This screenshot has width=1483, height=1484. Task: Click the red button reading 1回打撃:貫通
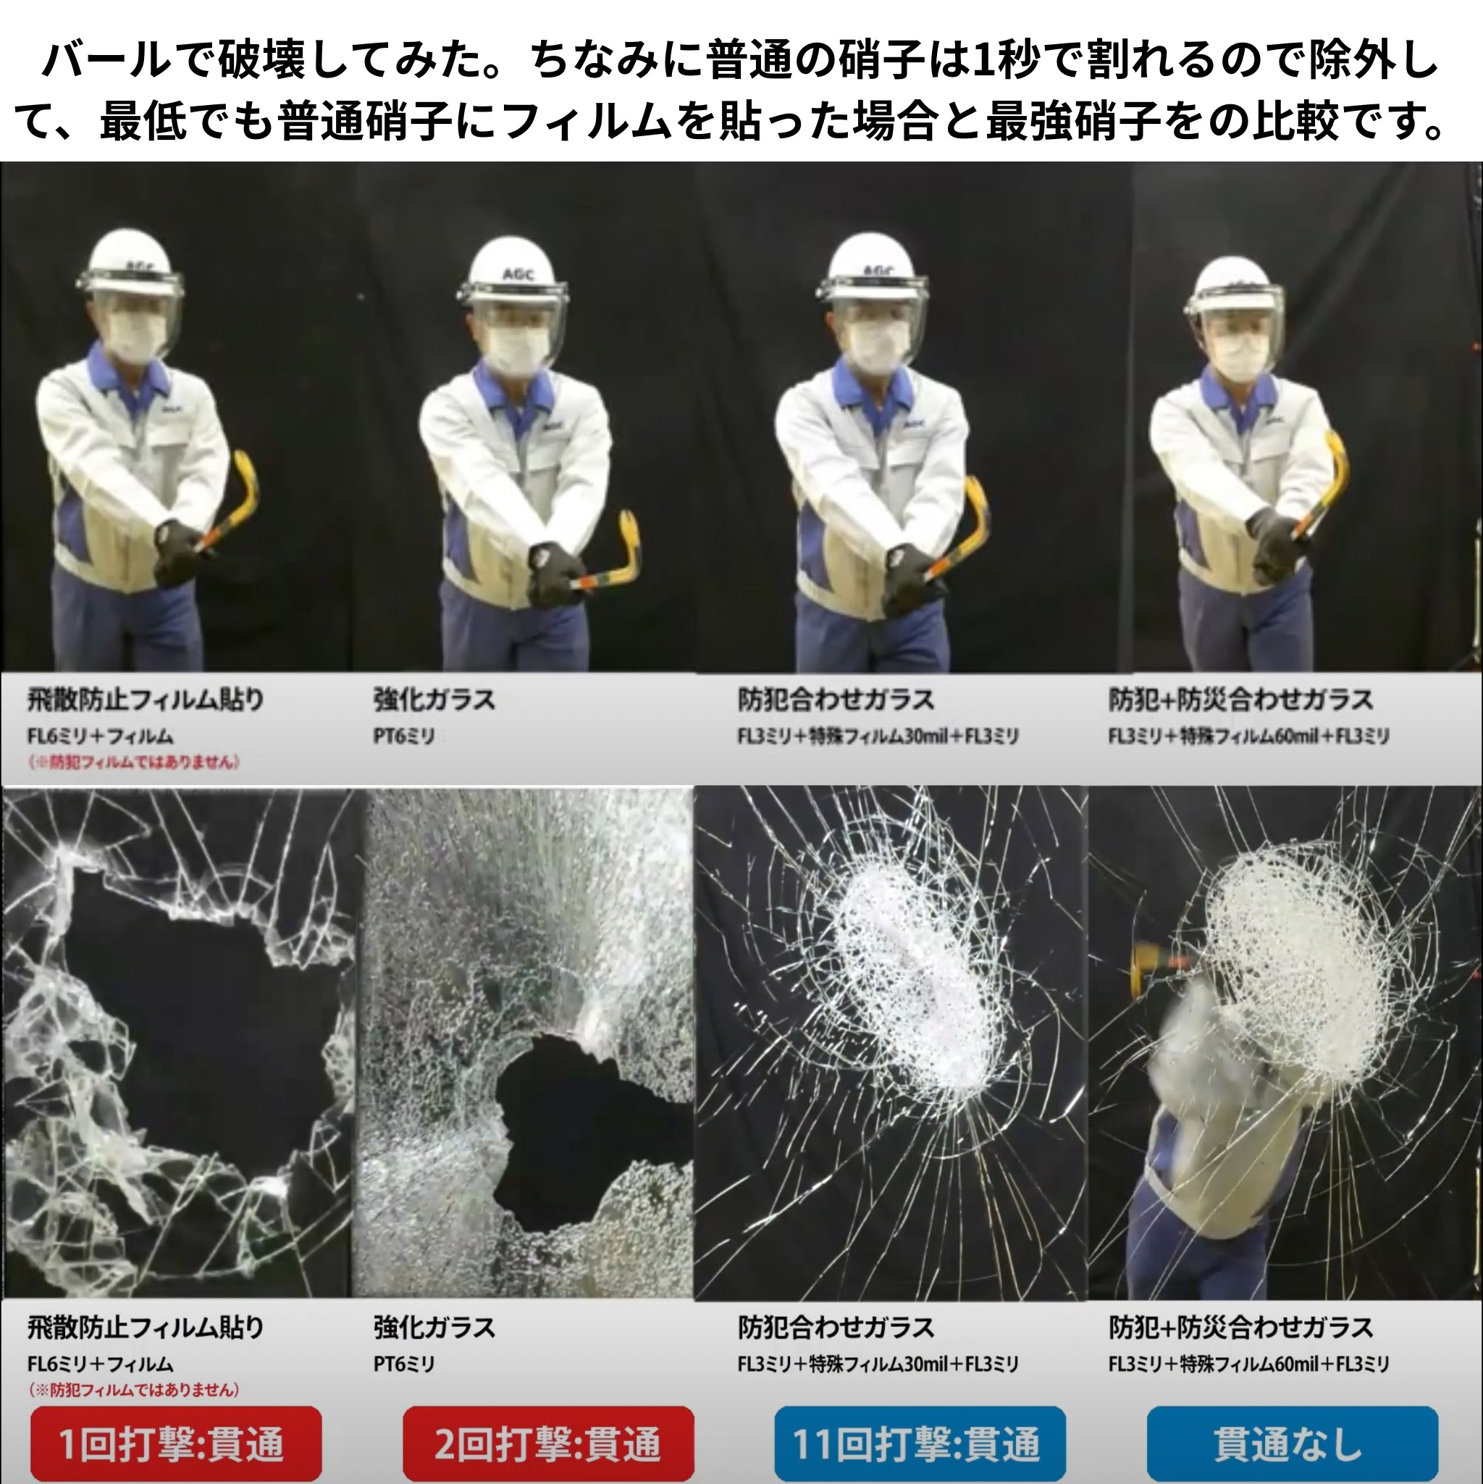pos(176,1443)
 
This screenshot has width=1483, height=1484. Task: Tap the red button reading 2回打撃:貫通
pos(548,1443)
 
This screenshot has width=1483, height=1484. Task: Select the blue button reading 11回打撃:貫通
pos(920,1443)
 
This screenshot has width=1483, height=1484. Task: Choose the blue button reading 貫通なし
pos(1293,1443)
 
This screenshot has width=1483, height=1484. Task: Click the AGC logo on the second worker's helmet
pos(518,274)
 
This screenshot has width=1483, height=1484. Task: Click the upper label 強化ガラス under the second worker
pos(434,700)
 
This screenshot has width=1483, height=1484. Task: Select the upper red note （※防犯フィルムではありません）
pos(134,761)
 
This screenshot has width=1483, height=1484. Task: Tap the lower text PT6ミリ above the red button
pos(404,1364)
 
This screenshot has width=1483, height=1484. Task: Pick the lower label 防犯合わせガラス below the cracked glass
pos(836,1328)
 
